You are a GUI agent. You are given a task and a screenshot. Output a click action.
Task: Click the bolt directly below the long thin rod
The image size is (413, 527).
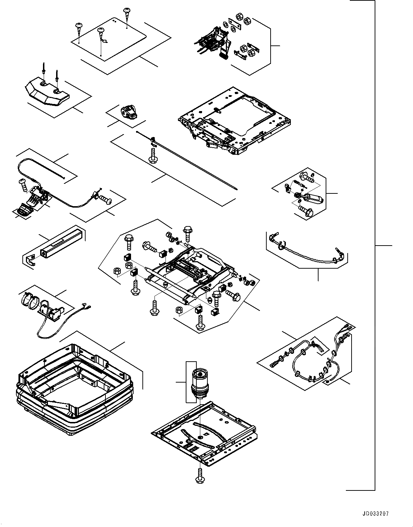point(153,156)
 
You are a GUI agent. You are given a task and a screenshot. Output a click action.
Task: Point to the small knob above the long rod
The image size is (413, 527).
point(129,111)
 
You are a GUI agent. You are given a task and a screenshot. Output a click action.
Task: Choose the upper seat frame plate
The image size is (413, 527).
point(234,121)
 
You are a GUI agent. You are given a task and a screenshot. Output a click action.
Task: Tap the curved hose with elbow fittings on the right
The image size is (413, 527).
point(305,250)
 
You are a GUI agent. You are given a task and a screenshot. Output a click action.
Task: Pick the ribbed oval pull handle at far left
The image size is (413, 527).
point(24,210)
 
